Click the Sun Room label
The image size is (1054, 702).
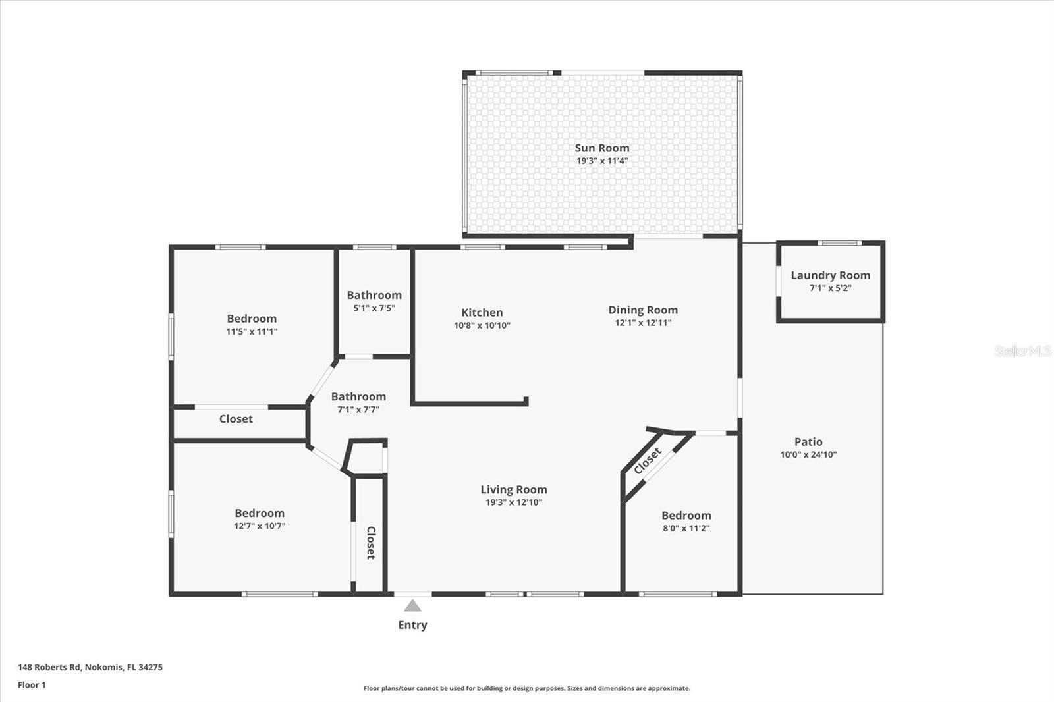pyautogui.click(x=601, y=148)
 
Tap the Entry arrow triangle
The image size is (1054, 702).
pyautogui.click(x=412, y=606)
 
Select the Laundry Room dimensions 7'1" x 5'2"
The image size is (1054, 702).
pyautogui.click(x=830, y=288)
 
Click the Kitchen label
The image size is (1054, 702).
pyautogui.click(x=482, y=313)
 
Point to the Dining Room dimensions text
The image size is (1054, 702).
pyautogui.click(x=643, y=323)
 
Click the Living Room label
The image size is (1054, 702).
pyautogui.click(x=513, y=489)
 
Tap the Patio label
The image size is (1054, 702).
pyautogui.click(x=808, y=442)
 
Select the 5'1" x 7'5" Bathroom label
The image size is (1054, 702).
pyautogui.click(x=374, y=295)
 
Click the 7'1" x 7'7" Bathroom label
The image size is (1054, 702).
pyautogui.click(x=358, y=396)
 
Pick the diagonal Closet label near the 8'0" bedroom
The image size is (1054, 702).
pyautogui.click(x=648, y=461)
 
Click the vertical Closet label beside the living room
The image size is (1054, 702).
pyautogui.click(x=371, y=543)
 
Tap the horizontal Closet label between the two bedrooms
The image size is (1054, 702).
pyautogui.click(x=236, y=419)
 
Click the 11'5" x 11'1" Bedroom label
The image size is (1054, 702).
pyautogui.click(x=252, y=319)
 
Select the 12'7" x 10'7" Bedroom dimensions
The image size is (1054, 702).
pyautogui.click(x=260, y=526)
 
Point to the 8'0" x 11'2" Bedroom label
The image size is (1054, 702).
pyautogui.click(x=686, y=516)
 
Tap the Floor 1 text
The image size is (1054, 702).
pyautogui.click(x=32, y=685)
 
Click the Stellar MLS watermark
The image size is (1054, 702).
pyautogui.click(x=1023, y=351)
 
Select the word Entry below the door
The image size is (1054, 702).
pyautogui.click(x=412, y=625)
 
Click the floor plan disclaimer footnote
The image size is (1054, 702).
pyautogui.click(x=527, y=688)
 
